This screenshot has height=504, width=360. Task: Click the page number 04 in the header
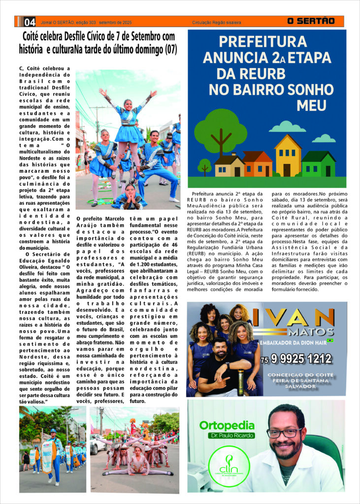pyautogui.click(x=30, y=22)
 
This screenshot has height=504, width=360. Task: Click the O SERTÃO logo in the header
pyautogui.click(x=311, y=21)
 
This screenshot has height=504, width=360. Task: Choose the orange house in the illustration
pyautogui.click(x=257, y=164)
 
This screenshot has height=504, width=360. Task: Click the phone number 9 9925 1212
pyautogui.click(x=299, y=359)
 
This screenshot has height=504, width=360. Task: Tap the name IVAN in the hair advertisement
pyautogui.click(x=296, y=316)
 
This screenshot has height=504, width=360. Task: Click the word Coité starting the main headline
pyautogui.click(x=33, y=36)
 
